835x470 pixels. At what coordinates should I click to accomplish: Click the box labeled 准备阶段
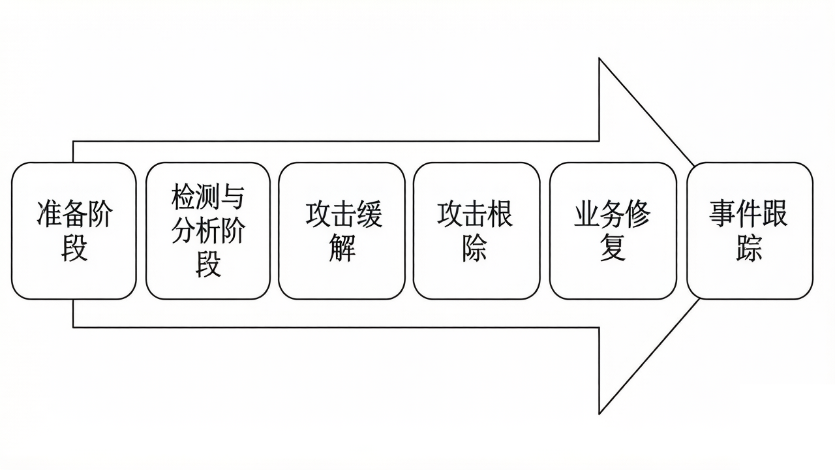(74, 231)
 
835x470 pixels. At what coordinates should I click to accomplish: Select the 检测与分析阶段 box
(207, 231)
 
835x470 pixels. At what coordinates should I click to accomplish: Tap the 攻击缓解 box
(342, 231)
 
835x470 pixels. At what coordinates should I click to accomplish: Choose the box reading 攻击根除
(476, 231)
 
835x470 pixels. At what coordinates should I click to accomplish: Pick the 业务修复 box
(613, 231)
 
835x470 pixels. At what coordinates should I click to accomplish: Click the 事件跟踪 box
(750, 231)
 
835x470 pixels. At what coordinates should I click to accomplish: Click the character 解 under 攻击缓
(342, 249)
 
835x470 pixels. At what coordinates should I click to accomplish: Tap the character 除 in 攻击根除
(475, 249)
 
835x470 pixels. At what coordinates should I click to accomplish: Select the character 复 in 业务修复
(613, 249)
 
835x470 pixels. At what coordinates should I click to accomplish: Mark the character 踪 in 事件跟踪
(749, 249)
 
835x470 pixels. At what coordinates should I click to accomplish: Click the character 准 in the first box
(48, 214)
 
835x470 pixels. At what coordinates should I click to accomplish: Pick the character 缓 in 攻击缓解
(369, 214)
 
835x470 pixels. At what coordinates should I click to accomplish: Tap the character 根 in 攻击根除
(501, 214)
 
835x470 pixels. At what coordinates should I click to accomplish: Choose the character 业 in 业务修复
(586, 214)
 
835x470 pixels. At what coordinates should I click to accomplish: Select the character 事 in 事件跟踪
(723, 214)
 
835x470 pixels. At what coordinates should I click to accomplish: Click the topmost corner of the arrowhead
(600, 59)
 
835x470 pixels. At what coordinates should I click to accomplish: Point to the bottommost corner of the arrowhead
(600, 413)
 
